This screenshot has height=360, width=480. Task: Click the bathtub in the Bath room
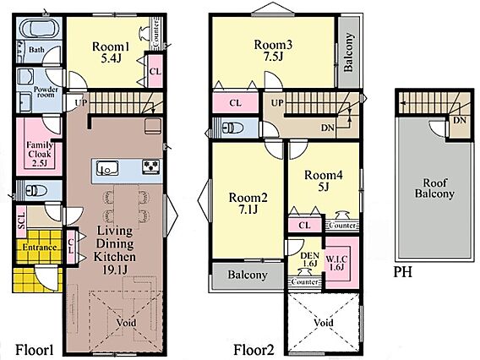click(39, 30)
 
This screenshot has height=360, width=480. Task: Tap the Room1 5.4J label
click(111, 52)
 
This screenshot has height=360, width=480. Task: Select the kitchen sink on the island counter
click(107, 168)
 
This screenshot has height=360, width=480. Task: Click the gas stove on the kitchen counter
click(150, 167)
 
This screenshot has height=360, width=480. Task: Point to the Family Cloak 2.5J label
click(40, 154)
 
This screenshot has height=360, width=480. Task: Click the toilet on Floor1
click(36, 191)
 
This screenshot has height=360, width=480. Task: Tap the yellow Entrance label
click(40, 248)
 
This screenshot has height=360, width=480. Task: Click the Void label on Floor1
click(126, 323)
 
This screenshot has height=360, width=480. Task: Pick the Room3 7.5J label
click(273, 50)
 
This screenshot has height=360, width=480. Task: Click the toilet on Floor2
click(232, 127)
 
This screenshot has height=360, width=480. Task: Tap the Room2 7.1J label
click(248, 203)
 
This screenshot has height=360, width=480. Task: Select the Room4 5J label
click(324, 181)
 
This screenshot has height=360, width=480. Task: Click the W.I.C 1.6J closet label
click(336, 263)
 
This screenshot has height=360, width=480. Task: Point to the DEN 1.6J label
click(309, 259)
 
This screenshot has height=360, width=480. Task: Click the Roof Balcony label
click(434, 188)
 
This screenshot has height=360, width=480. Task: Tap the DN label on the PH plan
click(459, 120)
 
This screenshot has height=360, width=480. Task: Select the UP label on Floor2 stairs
click(277, 103)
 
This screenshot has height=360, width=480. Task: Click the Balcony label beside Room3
click(349, 52)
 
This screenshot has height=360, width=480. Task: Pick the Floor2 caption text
click(254, 350)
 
